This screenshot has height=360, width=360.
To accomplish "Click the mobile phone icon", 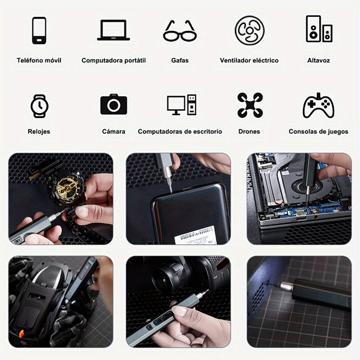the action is [x=39, y=30].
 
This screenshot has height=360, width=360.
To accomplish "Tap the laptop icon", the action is [x=114, y=30].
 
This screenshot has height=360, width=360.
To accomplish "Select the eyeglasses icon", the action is [x=180, y=31].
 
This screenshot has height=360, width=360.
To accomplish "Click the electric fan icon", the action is [x=250, y=30].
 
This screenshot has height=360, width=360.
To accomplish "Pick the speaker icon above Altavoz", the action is [x=319, y=29].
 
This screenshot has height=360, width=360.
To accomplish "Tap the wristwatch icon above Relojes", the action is [x=40, y=106].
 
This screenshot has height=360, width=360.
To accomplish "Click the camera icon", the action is [x=114, y=104].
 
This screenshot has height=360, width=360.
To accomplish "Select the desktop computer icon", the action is [x=181, y=105].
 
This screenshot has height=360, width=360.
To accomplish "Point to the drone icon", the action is [x=250, y=105].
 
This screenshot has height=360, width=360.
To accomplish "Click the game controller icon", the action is [x=319, y=106].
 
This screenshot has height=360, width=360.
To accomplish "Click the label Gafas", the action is [x=180, y=60].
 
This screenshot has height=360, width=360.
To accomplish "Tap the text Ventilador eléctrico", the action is [x=249, y=60].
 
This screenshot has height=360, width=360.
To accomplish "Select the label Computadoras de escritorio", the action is [x=180, y=132].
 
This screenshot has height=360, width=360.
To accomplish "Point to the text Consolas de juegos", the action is [x=319, y=132].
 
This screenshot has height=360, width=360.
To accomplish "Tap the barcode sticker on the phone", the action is [x=195, y=235].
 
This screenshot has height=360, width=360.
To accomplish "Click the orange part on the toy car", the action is [x=21, y=334].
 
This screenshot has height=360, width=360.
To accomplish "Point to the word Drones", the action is [x=249, y=132].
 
